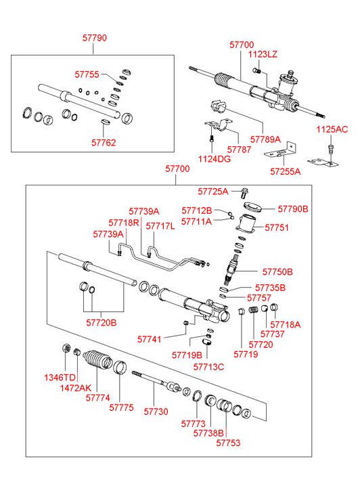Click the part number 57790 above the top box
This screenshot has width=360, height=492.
(95, 38)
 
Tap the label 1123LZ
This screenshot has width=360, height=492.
(263, 54)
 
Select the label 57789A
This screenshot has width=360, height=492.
(265, 139)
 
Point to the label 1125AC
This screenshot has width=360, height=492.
(332, 129)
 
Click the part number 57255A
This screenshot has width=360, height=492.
(286, 171)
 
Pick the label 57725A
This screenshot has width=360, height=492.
(213, 192)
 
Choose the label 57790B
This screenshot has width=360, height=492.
(293, 208)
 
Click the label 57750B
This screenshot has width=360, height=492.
(277, 272)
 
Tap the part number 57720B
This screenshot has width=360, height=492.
(102, 323)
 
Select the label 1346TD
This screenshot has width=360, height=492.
(60, 378)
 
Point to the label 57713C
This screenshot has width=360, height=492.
(208, 367)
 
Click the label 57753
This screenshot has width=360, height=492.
(228, 443)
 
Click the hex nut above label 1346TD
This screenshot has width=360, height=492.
(66, 348)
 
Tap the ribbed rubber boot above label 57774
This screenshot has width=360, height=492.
(97, 359)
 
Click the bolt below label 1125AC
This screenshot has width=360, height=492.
(330, 149)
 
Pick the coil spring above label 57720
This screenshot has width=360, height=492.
(253, 310)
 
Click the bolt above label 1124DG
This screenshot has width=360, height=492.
(212, 138)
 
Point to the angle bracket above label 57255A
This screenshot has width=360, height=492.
(281, 151)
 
